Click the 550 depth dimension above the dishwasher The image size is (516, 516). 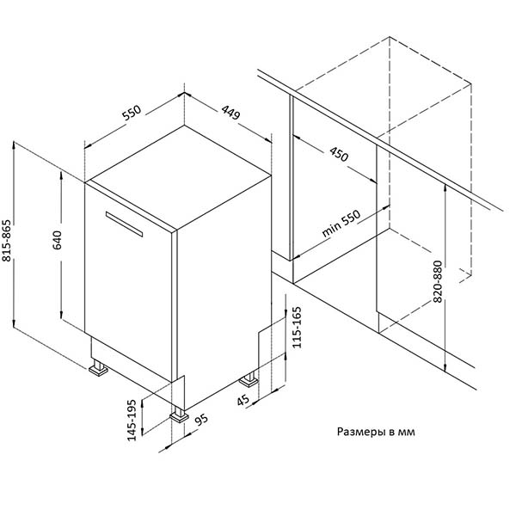click(132, 112)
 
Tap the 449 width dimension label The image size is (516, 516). click(230, 112)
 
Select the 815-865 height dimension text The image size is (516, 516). click(7, 241)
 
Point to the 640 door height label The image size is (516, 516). click(57, 240)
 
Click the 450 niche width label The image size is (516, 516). click(339, 154)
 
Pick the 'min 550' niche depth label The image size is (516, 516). click(341, 224)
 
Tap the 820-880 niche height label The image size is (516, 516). click(438, 281)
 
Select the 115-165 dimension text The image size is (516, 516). click(297, 327)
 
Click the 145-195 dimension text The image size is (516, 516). click(132, 420)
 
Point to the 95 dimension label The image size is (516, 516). click(201, 421)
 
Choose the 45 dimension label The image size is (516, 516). click(243, 401)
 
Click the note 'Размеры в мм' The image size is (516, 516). click(376, 432)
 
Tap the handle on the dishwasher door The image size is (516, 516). click(125, 224)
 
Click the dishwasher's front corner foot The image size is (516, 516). click(180, 415)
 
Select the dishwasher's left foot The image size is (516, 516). click(98, 368)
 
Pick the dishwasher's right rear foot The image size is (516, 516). click(249, 380)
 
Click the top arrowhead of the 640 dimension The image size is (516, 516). click(62, 174)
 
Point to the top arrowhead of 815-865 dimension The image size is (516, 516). click(14, 144)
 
